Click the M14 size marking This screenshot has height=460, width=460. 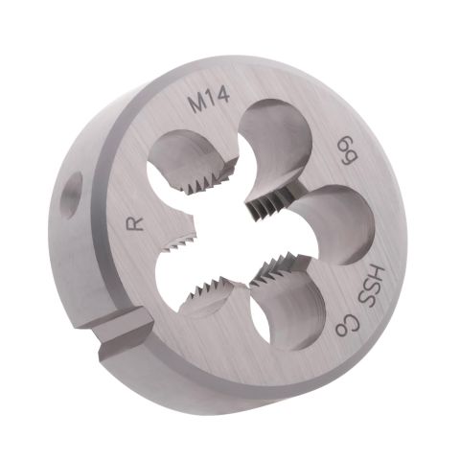[210, 100]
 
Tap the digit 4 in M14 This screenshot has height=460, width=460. [224, 95]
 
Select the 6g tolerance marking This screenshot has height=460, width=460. [348, 149]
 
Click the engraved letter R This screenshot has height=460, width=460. [134, 222]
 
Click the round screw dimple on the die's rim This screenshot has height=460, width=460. [71, 195]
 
